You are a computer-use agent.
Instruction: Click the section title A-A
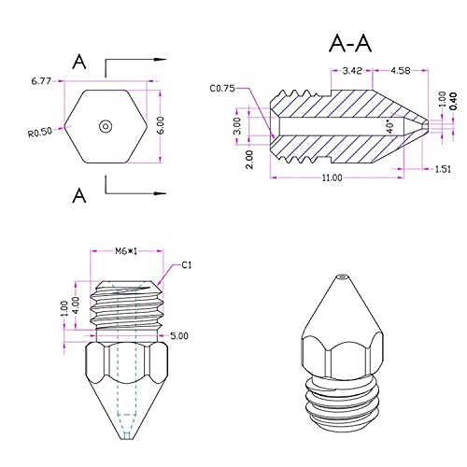click(x=350, y=43)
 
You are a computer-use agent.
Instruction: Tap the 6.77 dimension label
click(x=41, y=81)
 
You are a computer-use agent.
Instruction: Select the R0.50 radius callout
click(x=40, y=133)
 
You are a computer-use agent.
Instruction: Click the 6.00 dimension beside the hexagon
click(x=161, y=125)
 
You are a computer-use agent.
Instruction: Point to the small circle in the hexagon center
click(x=106, y=126)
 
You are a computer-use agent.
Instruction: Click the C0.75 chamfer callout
click(x=222, y=89)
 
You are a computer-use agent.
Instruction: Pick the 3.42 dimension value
click(x=352, y=71)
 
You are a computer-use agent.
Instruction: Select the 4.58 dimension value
click(x=401, y=71)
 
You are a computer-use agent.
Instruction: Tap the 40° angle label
click(x=389, y=126)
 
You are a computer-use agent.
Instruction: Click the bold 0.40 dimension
click(x=453, y=101)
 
